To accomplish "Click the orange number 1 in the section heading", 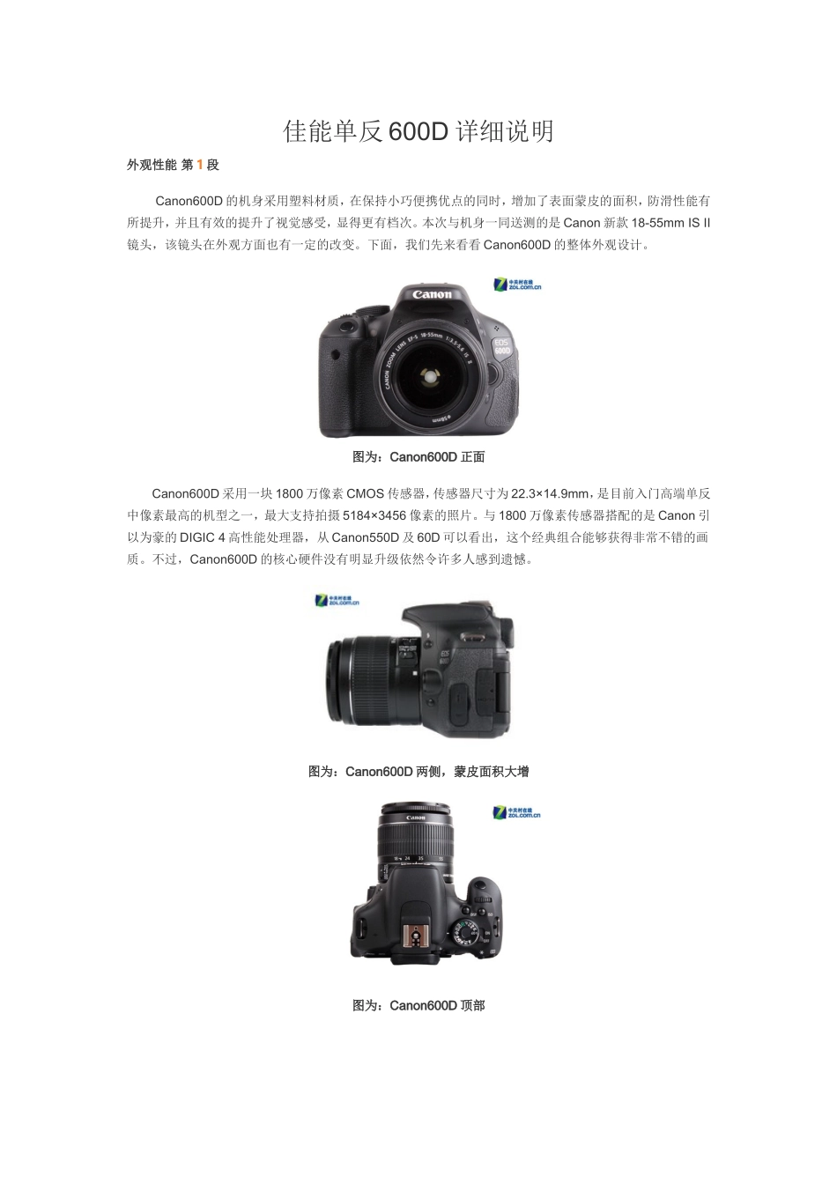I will (x=200, y=165).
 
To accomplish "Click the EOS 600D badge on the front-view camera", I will (x=501, y=346).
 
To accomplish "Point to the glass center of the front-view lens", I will (x=429, y=376).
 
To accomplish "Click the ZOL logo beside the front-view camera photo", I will (x=517, y=284).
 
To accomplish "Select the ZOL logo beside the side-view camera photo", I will (x=337, y=601).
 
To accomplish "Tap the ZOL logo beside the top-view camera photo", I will (x=516, y=812).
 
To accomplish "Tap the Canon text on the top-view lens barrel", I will (x=416, y=818).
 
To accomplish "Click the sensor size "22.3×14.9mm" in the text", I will (x=550, y=493).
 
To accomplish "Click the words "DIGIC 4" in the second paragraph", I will (x=203, y=537).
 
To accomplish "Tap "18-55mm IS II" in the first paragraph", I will (x=670, y=223).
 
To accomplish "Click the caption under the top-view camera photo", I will (x=418, y=1005).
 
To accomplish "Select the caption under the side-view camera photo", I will (x=418, y=772).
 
